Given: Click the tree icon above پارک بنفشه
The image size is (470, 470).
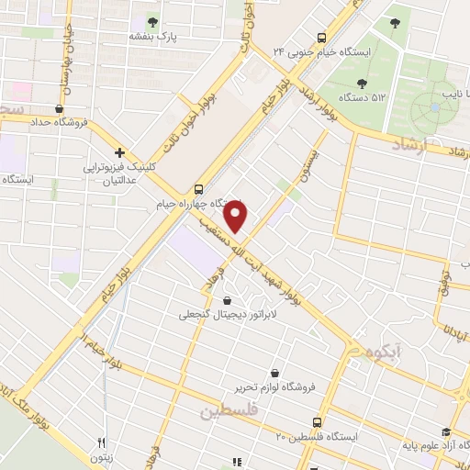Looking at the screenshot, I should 152,22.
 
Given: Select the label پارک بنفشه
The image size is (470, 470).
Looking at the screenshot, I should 152,37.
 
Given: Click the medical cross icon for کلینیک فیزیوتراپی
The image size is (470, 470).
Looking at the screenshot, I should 120,151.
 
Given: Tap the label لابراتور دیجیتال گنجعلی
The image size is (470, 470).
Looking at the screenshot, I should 227,314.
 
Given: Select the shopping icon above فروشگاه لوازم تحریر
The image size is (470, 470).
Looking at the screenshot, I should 276,373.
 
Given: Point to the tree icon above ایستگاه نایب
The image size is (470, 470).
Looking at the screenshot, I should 395,22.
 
